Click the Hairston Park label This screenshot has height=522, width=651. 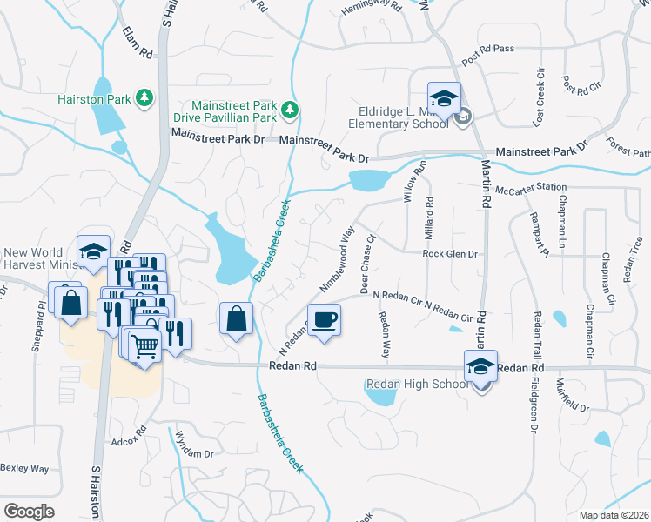[x=94, y=100]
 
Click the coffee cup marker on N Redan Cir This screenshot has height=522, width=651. [x=324, y=319]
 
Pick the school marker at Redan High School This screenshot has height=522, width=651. [x=480, y=366]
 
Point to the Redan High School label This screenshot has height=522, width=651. [x=418, y=385]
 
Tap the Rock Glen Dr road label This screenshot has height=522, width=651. [x=451, y=254]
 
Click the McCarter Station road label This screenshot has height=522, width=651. [x=530, y=188]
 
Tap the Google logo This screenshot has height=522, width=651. [x=29, y=512]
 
